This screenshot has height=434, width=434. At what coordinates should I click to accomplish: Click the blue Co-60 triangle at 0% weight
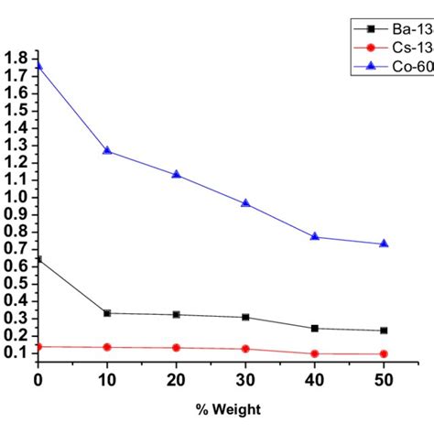(38, 65)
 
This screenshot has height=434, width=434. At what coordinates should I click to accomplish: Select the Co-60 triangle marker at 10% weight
(107, 150)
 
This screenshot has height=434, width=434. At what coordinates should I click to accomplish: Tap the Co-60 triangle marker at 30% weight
(245, 202)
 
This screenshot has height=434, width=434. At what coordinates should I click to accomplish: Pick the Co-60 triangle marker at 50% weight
(384, 244)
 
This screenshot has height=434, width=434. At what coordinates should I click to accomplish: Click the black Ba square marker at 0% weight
(38, 259)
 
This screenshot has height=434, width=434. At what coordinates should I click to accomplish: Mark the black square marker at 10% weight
(107, 313)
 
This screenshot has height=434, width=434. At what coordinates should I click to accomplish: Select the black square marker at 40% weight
(315, 328)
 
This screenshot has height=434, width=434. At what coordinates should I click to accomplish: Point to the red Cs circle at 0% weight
(38, 346)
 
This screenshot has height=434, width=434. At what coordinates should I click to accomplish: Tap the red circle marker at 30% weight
(245, 349)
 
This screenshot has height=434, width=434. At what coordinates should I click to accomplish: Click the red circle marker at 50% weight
(384, 353)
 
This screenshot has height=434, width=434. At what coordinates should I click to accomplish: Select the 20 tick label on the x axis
(176, 379)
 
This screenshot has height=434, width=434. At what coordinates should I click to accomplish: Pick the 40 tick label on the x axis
(315, 379)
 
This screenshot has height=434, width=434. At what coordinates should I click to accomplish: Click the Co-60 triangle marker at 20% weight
(176, 174)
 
